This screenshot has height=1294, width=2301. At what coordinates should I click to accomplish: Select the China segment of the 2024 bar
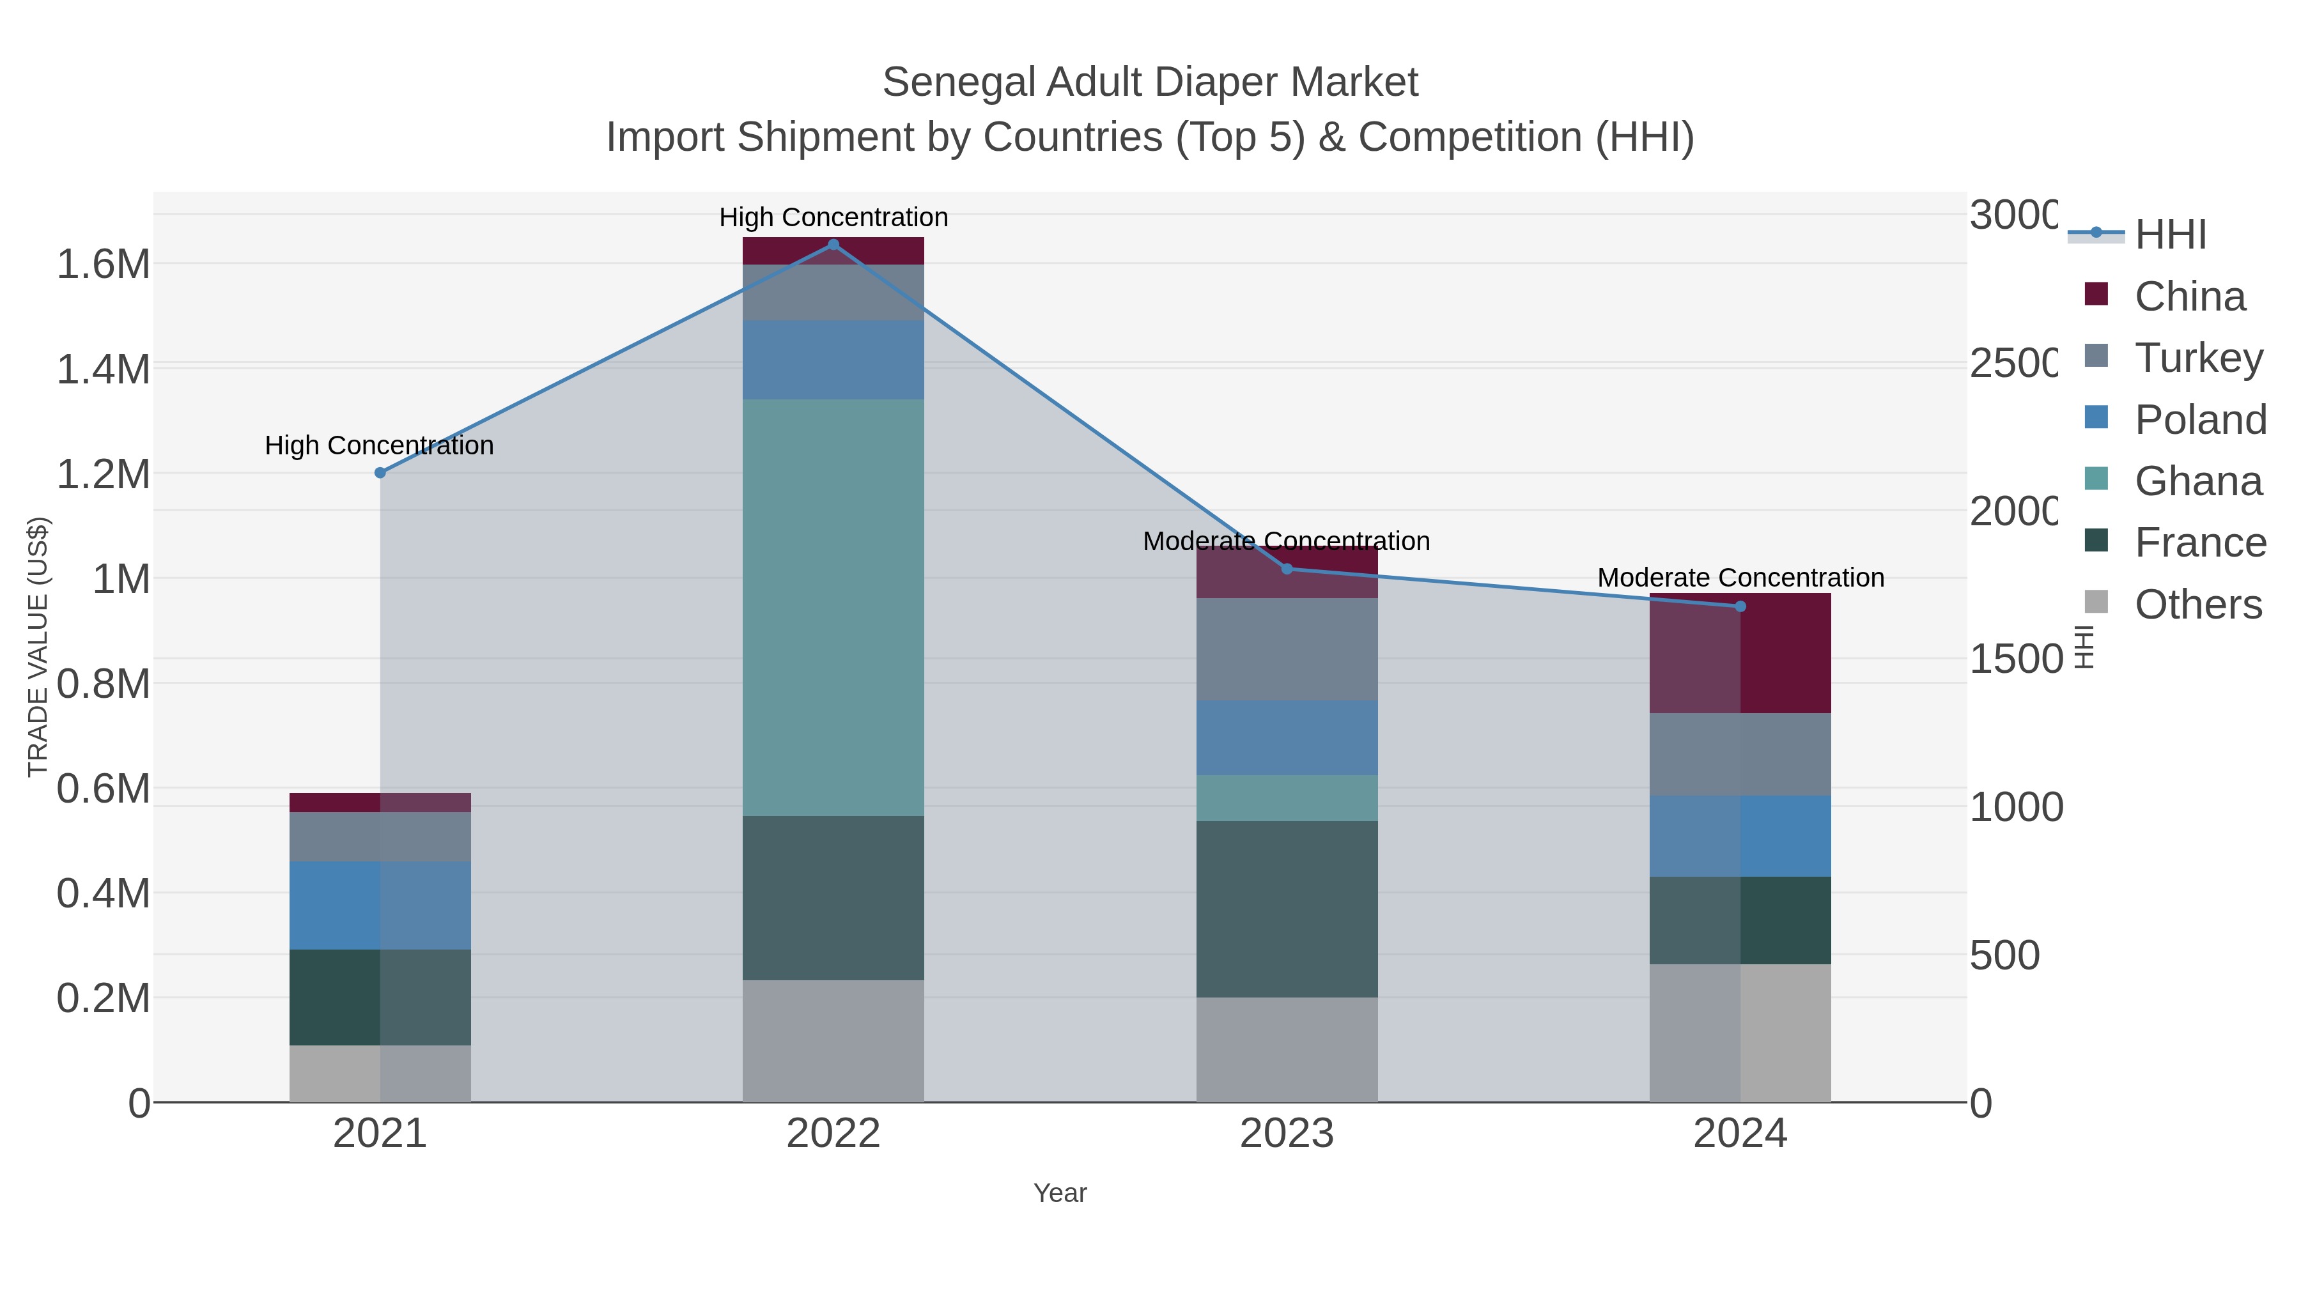pos(1739,653)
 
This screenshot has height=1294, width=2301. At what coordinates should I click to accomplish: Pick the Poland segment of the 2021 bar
pos(380,905)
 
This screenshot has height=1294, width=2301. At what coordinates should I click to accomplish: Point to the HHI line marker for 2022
pos(833,245)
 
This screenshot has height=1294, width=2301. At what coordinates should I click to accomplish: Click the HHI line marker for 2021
pos(380,472)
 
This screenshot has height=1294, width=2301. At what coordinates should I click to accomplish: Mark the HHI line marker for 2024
pos(1740,606)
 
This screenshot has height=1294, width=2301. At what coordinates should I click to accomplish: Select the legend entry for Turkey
pos(2198,357)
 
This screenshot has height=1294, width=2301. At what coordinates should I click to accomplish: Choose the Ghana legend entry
pos(2197,481)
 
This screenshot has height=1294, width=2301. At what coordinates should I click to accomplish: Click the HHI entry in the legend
pos(2170,235)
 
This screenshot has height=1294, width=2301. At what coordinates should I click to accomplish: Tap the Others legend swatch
pos(2096,603)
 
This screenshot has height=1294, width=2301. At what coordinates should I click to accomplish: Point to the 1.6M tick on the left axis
pos(103,265)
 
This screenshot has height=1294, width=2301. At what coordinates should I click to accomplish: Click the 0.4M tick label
pos(103,893)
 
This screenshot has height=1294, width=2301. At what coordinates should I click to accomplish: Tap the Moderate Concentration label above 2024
pos(1740,578)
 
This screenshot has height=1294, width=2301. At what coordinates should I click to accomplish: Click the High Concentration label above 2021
pos(380,445)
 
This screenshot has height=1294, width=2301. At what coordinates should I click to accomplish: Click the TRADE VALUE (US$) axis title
pos(38,647)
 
